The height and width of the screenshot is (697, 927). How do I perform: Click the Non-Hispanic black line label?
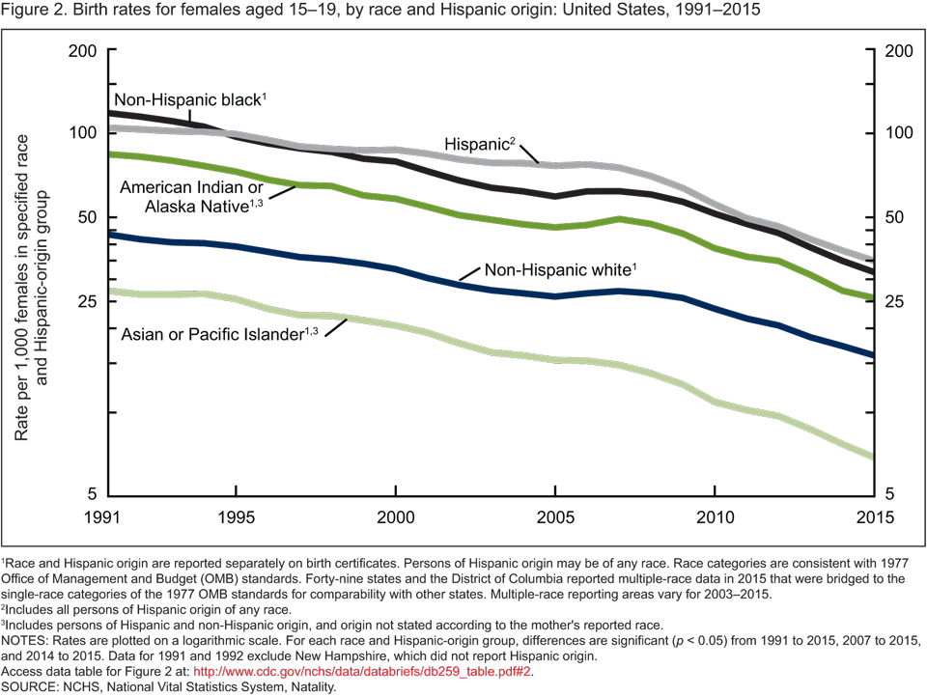point(189,99)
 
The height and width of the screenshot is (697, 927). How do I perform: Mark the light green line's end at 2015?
point(873,457)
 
